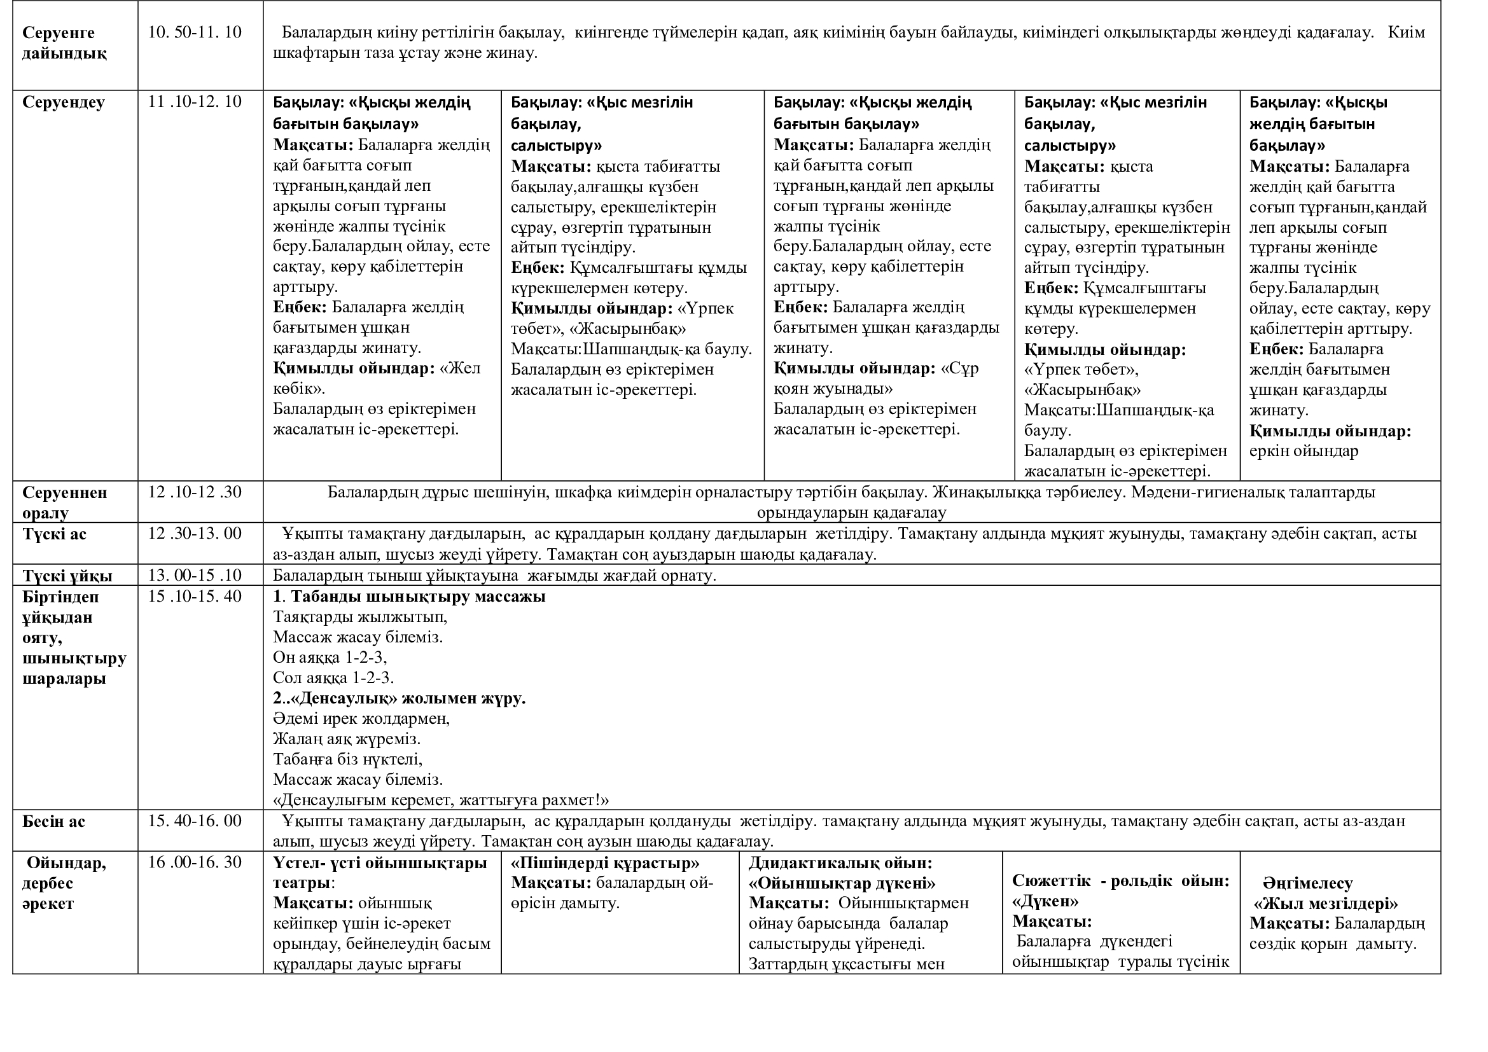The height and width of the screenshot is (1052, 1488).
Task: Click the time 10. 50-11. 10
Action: [195, 32]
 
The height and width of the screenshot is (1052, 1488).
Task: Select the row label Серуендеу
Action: [63, 102]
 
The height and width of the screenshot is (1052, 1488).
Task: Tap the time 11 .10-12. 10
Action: [195, 102]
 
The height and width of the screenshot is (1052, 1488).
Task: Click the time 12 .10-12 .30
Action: [195, 492]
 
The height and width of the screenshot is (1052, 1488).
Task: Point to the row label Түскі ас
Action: [55, 534]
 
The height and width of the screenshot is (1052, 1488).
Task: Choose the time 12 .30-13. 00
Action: [195, 533]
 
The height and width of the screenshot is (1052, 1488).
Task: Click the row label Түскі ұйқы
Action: [67, 576]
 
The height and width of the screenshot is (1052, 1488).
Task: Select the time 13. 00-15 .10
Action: [195, 575]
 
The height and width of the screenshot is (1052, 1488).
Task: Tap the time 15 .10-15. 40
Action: [195, 596]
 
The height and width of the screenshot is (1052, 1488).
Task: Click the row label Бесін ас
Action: [54, 821]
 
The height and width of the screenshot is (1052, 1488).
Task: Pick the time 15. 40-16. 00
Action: [195, 820]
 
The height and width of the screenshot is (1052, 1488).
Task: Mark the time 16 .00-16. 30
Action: [195, 862]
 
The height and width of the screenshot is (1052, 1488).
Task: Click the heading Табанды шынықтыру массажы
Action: [417, 597]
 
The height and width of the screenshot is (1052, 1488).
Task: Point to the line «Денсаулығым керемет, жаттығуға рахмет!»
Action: [441, 800]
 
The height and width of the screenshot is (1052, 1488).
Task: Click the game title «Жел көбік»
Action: [376, 378]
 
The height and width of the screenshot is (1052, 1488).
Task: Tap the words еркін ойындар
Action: [1304, 452]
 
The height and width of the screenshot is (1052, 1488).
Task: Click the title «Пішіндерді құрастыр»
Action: [605, 863]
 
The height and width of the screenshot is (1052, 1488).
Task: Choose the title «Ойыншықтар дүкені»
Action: [842, 883]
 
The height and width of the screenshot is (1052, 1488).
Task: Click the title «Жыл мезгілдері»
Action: [1326, 904]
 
